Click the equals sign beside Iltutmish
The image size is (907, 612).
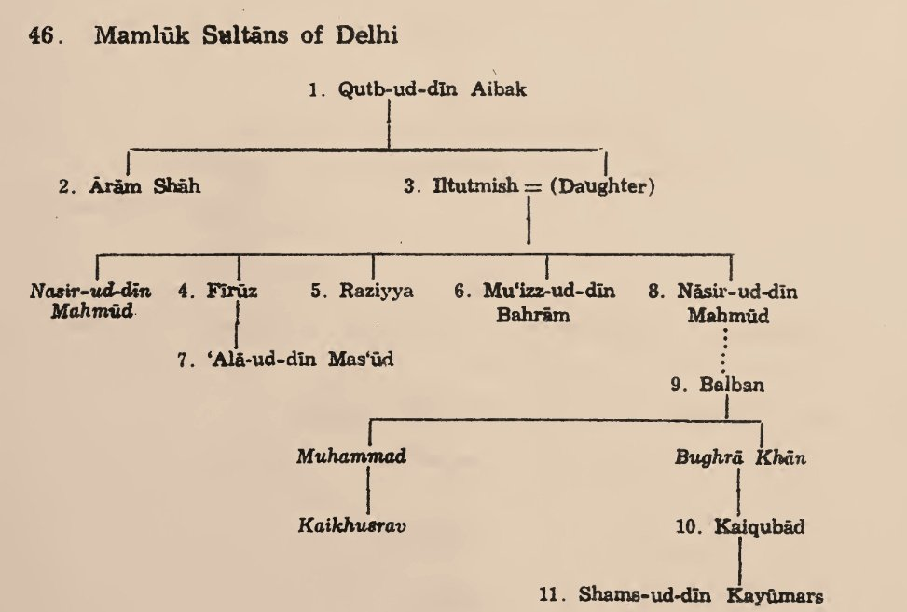(x=533, y=187)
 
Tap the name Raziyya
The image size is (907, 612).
(x=375, y=291)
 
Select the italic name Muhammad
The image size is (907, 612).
(x=352, y=456)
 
